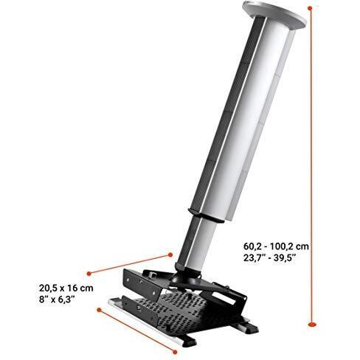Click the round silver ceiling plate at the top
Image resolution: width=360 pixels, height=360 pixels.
click(x=274, y=14)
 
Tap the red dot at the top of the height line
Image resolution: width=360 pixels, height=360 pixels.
click(x=310, y=8)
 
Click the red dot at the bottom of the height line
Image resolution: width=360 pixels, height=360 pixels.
click(x=312, y=325)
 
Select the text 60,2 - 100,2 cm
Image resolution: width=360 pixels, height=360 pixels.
click(x=276, y=246)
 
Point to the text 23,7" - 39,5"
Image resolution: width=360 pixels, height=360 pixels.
click(x=269, y=258)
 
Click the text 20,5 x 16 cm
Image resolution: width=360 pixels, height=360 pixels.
click(x=66, y=288)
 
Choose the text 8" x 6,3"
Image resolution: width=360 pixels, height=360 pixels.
click(x=57, y=300)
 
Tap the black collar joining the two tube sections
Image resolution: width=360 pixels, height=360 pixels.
click(x=207, y=215)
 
